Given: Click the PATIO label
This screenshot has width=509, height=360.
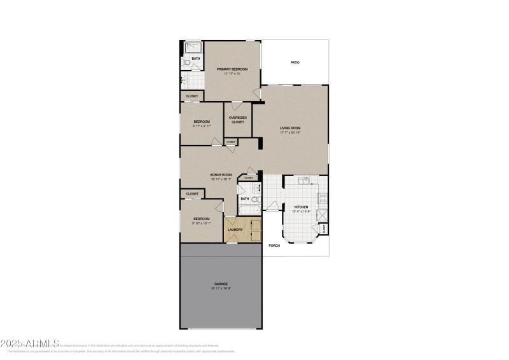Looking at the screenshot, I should click(295, 62).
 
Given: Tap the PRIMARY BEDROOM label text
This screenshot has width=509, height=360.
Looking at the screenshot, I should click(232, 69).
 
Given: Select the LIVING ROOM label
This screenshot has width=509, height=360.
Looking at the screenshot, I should click(290, 128).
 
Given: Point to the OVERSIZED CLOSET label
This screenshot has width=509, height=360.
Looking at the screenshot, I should click(237, 120).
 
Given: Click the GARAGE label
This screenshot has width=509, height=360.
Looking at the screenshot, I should click(221, 284).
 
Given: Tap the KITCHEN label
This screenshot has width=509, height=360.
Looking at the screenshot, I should click(301, 207).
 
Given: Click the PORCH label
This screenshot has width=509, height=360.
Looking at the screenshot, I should click(274, 245).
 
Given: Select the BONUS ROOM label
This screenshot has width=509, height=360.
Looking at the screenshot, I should click(221, 175).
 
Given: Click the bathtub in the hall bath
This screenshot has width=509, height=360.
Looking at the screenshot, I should click(248, 209).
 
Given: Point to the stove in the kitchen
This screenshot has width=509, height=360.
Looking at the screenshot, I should click(322, 197).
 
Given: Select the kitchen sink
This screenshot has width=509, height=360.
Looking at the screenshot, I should click(305, 180).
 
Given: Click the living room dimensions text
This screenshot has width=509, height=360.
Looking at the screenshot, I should click(290, 133).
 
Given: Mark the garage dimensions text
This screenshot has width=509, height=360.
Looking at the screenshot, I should click(221, 289).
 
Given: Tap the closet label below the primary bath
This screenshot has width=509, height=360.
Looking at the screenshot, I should click(192, 96).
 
